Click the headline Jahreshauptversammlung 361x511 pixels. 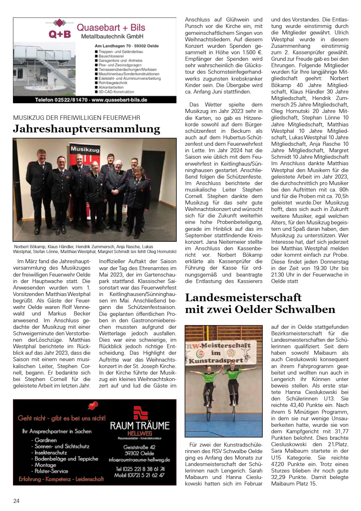87,129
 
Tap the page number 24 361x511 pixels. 16,501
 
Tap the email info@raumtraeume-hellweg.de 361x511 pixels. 139,460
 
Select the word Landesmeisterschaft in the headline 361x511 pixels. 243,298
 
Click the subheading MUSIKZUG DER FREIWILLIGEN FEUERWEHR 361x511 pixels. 76,117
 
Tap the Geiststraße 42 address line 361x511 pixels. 139,447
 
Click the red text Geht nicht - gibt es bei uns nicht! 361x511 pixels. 62,418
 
